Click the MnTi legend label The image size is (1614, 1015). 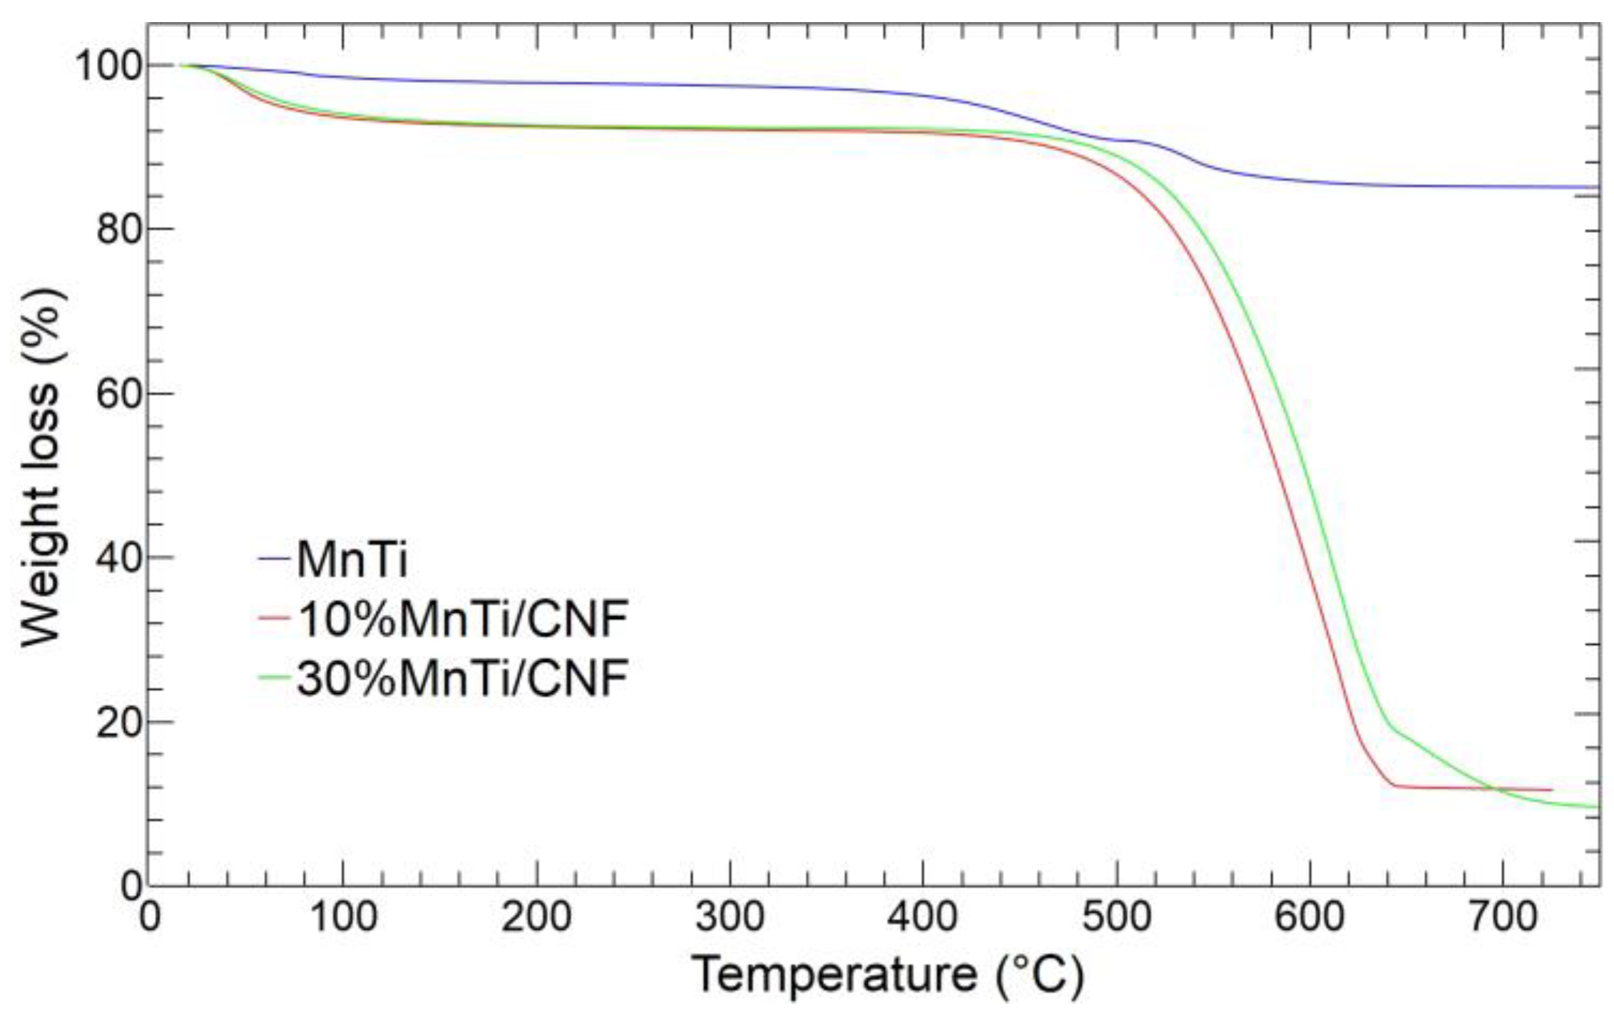[352, 560]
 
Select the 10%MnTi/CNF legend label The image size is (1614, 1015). [463, 618]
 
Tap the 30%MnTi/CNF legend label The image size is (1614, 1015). [463, 678]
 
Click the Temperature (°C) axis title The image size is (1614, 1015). [888, 976]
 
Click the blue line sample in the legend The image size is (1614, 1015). [274, 558]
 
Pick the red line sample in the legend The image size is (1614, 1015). [274, 618]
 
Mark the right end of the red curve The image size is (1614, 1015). [1551, 790]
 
